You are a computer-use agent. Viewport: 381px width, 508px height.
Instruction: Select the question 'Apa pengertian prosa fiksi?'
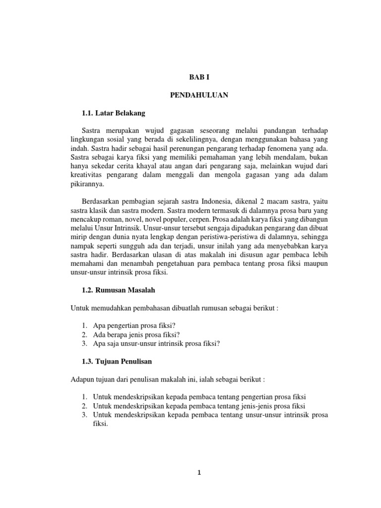[x=132, y=325]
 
